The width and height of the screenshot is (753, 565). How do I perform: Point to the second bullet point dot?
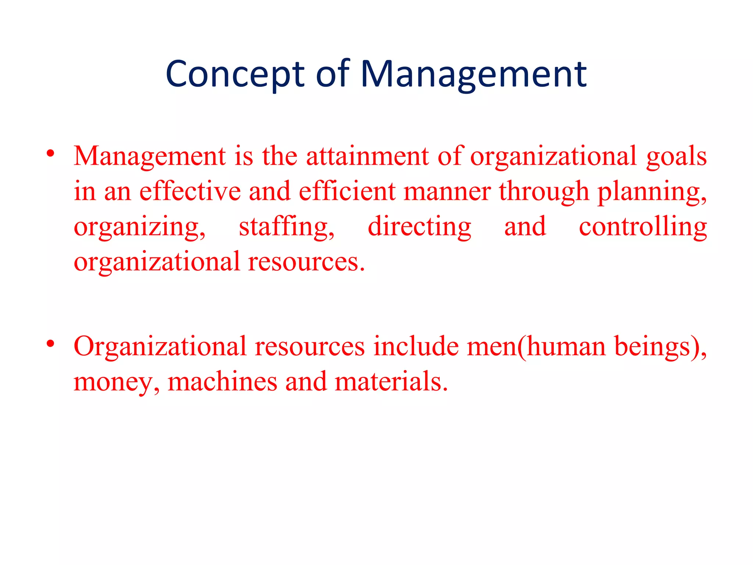(x=51, y=344)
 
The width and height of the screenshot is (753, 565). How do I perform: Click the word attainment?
(x=367, y=156)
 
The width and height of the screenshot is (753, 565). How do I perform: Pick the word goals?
(x=676, y=157)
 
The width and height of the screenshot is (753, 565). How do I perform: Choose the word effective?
(x=190, y=191)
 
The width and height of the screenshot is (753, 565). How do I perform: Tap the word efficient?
(x=347, y=191)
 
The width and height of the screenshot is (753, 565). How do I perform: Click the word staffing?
(x=286, y=227)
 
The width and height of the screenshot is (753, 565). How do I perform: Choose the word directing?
(x=420, y=227)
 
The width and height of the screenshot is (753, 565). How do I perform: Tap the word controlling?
(x=643, y=227)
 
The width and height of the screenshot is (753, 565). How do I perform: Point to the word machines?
(x=222, y=382)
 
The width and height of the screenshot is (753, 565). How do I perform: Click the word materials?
(x=391, y=382)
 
